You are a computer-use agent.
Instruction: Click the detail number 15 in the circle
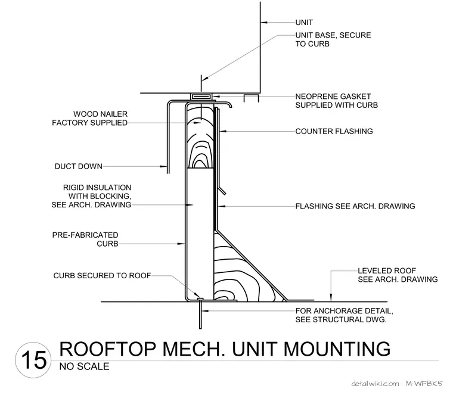pyautogui.click(x=34, y=360)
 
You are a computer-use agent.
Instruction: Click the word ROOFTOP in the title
pyautogui.click(x=107, y=349)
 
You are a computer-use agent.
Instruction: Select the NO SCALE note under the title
pyautogui.click(x=85, y=366)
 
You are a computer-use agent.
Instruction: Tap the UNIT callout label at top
pyautogui.click(x=304, y=22)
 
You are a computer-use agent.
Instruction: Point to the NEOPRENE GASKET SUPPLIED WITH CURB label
pyautogui.click(x=337, y=101)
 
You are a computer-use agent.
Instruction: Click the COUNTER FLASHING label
pyautogui.click(x=334, y=132)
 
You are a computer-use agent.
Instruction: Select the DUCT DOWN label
pyautogui.click(x=79, y=166)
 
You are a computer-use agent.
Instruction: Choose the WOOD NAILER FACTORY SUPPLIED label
pyautogui.click(x=90, y=119)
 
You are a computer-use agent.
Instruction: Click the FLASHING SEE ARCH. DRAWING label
pyautogui.click(x=355, y=206)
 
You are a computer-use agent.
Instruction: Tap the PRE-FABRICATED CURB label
pyautogui.click(x=85, y=240)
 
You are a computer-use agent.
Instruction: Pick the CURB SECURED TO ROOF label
pyautogui.click(x=103, y=275)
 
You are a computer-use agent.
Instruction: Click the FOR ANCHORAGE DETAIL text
pyautogui.click(x=344, y=311)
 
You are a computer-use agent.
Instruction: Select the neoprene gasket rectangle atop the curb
pyautogui.click(x=202, y=96)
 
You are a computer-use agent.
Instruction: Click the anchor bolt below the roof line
pyautogui.click(x=200, y=314)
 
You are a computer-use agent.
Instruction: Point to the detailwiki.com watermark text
pyautogui.click(x=376, y=384)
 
